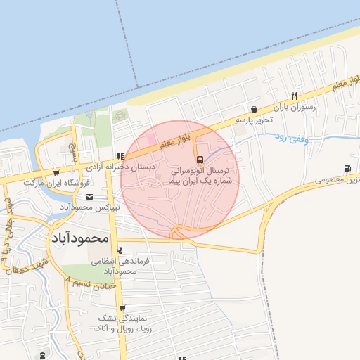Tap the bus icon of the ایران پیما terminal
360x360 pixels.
200,159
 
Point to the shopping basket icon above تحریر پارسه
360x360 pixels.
253,109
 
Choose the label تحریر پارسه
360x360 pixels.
253,120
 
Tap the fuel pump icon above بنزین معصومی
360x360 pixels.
347,168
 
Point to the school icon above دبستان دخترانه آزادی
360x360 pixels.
120,156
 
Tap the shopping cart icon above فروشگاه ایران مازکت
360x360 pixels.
56,172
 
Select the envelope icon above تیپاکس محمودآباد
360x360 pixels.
117,198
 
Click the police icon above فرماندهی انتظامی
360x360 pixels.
119,250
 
